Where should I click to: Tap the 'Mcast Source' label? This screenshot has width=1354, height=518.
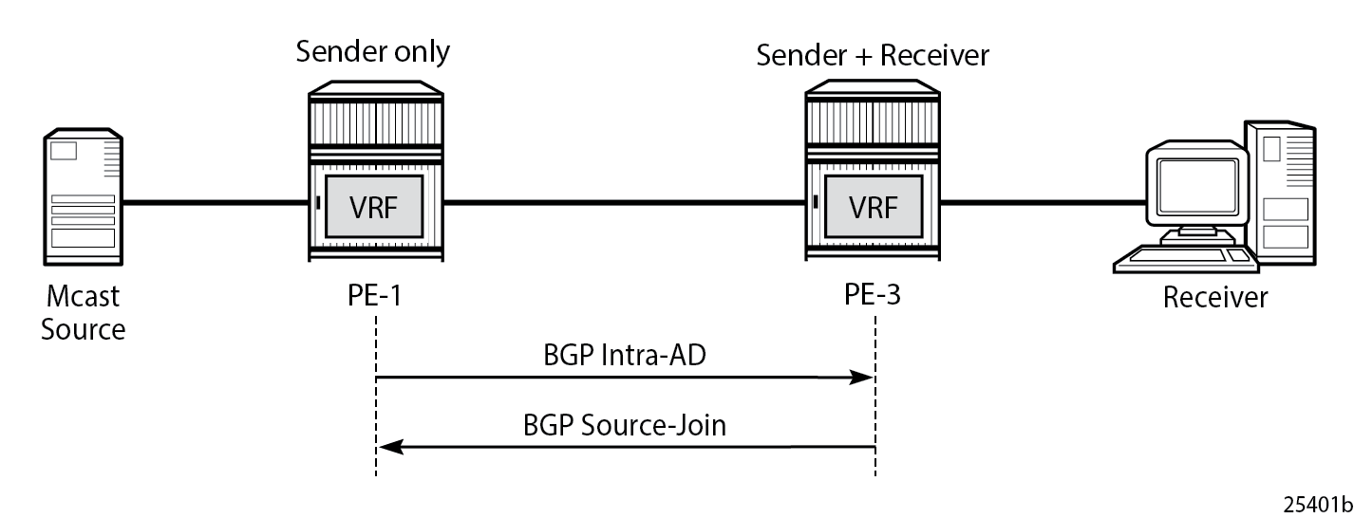click(84, 312)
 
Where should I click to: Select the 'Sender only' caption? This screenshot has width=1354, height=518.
click(373, 51)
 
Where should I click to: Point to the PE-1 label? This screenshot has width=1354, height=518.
click(375, 296)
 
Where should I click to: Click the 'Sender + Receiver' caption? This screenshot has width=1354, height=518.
click(872, 55)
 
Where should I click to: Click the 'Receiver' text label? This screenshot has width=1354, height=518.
click(1215, 298)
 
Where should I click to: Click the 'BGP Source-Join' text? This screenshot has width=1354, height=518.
click(624, 424)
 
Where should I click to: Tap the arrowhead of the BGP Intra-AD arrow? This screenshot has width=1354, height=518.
click(864, 378)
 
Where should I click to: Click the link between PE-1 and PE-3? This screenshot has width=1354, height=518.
click(624, 202)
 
